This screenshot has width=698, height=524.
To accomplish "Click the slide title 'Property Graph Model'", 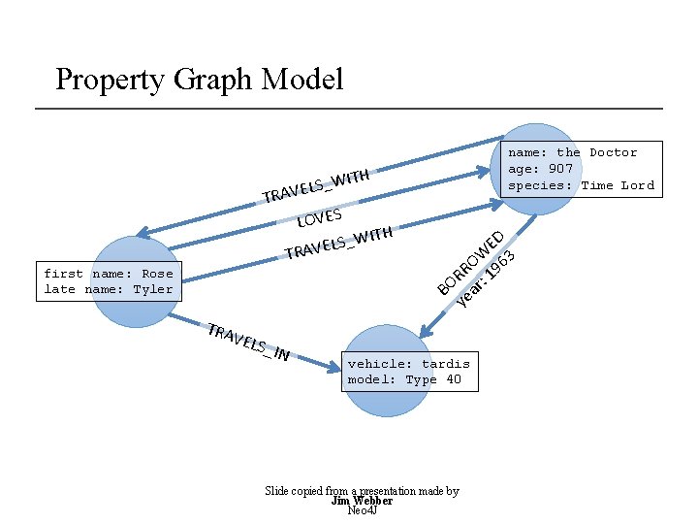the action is tap(199, 79).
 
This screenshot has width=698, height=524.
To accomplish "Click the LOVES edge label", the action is tap(321, 215).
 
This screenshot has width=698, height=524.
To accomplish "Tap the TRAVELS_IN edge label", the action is tap(249, 342).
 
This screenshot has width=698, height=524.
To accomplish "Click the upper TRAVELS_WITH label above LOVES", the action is tap(316, 185).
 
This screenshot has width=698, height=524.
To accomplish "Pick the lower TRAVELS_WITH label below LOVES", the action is tap(338, 244).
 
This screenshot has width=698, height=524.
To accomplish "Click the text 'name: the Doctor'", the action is tap(573, 152).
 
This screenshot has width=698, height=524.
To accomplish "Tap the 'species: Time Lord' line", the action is tap(582, 185).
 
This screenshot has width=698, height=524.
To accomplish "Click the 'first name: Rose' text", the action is tap(109, 274).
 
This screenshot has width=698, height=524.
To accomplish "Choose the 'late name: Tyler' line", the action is tap(109, 289).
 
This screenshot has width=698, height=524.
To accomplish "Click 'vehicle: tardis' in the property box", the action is tap(408, 364).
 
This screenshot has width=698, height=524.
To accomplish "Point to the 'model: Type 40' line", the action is tap(404, 379).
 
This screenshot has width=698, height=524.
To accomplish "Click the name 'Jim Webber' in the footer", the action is tap(362, 502).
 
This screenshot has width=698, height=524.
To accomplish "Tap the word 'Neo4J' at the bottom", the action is tap(362, 511).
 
